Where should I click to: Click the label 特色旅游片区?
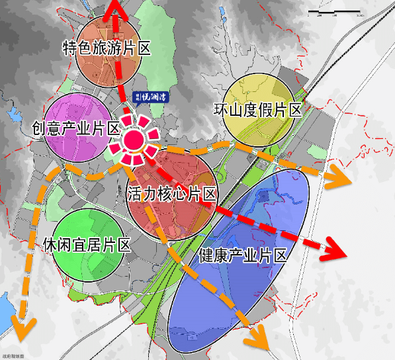pyautogui.click(x=107, y=48)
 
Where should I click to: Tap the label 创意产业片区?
pyautogui.click(x=75, y=128)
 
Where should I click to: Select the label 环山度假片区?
pyautogui.click(x=258, y=110)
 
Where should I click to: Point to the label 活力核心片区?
pyautogui.click(x=172, y=194)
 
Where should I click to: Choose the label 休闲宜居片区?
pyautogui.click(x=85, y=244)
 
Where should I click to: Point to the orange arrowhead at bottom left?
pyautogui.click(x=24, y=326)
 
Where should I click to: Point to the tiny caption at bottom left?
pyautogui.click(x=13, y=356)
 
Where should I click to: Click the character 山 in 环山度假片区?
pyautogui.click(x=236, y=110)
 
